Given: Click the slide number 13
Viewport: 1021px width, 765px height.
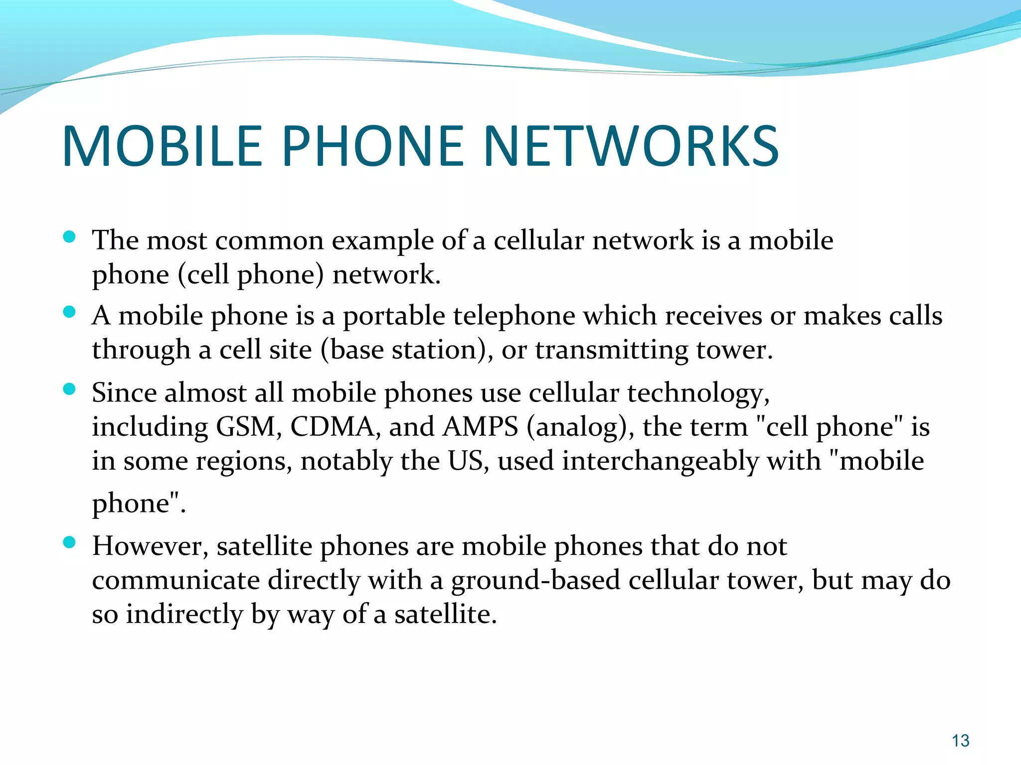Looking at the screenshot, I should pyautogui.click(x=960, y=741).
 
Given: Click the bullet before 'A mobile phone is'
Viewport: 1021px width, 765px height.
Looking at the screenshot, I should pyautogui.click(x=70, y=312).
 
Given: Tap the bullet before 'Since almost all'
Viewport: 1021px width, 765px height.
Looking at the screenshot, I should pyautogui.click(x=70, y=389).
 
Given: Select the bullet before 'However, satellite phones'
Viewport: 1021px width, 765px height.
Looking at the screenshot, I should pyautogui.click(x=70, y=542).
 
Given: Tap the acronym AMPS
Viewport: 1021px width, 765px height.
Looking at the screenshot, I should pyautogui.click(x=481, y=427).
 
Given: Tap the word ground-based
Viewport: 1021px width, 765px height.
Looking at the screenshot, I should pyautogui.click(x=535, y=581).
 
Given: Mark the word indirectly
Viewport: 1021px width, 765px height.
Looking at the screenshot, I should pyautogui.click(x=184, y=615).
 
